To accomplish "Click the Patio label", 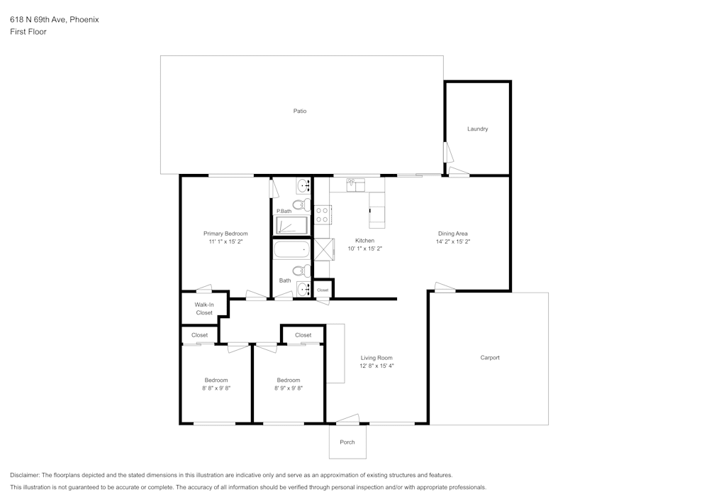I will coord(300,111).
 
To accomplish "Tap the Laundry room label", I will coord(477,129).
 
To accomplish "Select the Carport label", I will coord(490,358).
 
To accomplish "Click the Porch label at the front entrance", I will coord(347,442).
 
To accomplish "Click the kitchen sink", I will coord(355,185).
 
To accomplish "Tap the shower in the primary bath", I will coord(291,226).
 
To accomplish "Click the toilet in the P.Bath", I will coord(300,204).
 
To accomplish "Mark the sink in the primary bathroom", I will coord(303,186).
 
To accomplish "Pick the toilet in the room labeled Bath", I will coord(299,271).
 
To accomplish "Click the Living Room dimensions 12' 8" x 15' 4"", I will coord(376,366).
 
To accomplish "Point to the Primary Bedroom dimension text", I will coord(225,242).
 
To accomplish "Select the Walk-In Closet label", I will coord(204,309).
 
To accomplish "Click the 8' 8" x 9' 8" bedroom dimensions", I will coord(216,388).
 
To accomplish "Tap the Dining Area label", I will coord(452,234).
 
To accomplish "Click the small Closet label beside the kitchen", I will coord(323,290).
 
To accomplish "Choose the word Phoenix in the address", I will coord(85,20).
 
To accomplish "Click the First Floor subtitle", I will coord(28,32).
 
